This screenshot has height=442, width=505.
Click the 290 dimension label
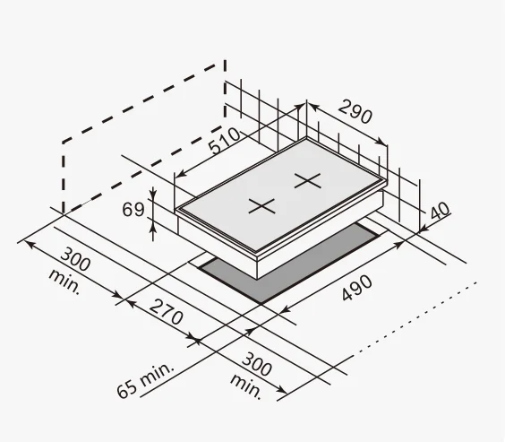tap(355, 112)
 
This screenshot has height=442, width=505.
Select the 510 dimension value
tap(225, 141)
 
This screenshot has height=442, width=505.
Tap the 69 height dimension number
tap(133, 210)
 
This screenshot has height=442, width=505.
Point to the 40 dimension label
tap(440, 211)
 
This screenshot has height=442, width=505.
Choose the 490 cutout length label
tap(356, 288)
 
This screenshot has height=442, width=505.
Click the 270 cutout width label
tap(167, 312)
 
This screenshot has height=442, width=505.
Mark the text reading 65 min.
tap(145, 380)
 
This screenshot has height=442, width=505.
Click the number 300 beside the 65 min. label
tap(257, 365)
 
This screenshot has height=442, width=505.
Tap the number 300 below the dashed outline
tap(75, 259)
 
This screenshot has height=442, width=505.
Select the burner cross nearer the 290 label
tap(308, 180)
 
